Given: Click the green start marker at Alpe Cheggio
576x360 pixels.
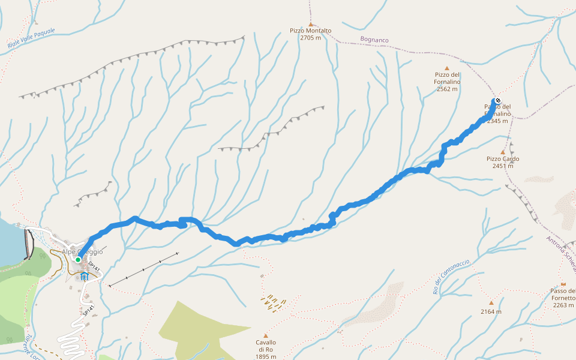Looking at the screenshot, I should [78, 259].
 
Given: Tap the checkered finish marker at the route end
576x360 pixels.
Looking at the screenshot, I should [497, 100].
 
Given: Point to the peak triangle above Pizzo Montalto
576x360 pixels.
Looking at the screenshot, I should [310, 24].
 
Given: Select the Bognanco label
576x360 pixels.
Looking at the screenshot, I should [374, 40].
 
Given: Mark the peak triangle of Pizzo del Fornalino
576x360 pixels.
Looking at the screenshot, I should [446, 68].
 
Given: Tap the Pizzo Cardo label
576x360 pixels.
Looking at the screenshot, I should [503, 162].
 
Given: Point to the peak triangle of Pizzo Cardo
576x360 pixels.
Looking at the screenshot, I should [503, 152].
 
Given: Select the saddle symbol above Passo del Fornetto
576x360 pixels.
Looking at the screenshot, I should [563, 284].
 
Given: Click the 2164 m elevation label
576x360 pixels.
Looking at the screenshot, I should [491, 311].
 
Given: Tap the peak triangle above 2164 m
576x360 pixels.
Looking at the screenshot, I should [491, 302].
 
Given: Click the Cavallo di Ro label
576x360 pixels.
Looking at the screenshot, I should [266, 349].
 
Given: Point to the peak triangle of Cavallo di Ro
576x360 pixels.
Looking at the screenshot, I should [266, 335].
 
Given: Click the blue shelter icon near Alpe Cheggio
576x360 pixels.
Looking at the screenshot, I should [84, 276].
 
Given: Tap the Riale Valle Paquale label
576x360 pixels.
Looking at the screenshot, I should [31, 38].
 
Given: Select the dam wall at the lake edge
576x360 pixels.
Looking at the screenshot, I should [28, 245].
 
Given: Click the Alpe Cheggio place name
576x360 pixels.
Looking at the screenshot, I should [82, 252].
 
